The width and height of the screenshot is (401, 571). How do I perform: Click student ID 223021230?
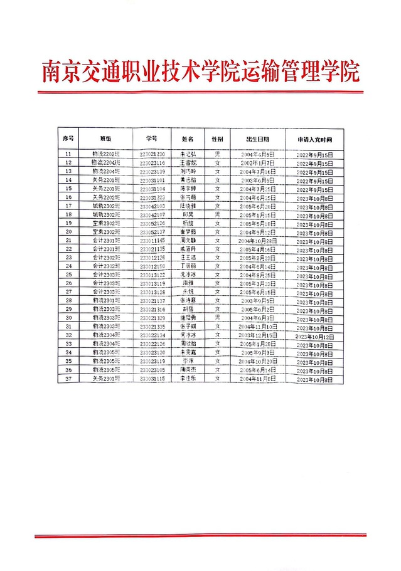[152, 154]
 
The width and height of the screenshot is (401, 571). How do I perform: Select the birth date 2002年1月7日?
[257, 162]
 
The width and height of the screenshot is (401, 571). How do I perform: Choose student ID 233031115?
[152, 379]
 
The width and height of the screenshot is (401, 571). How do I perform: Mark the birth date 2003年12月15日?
[257, 335]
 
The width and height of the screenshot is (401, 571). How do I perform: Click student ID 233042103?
[152, 206]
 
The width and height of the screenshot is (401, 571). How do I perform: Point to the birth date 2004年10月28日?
[257, 240]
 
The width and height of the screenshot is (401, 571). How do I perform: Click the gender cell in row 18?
[217, 214]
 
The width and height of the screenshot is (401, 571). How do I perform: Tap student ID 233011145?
[152, 240]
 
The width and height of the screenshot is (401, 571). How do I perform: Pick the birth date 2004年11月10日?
[257, 327]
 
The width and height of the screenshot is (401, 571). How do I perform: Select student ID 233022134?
[152, 335]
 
